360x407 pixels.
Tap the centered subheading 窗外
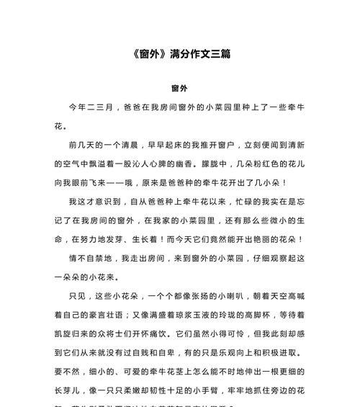(179, 88)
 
